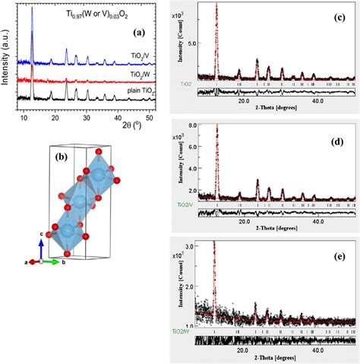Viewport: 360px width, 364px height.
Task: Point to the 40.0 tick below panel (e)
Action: coord(317,351)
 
